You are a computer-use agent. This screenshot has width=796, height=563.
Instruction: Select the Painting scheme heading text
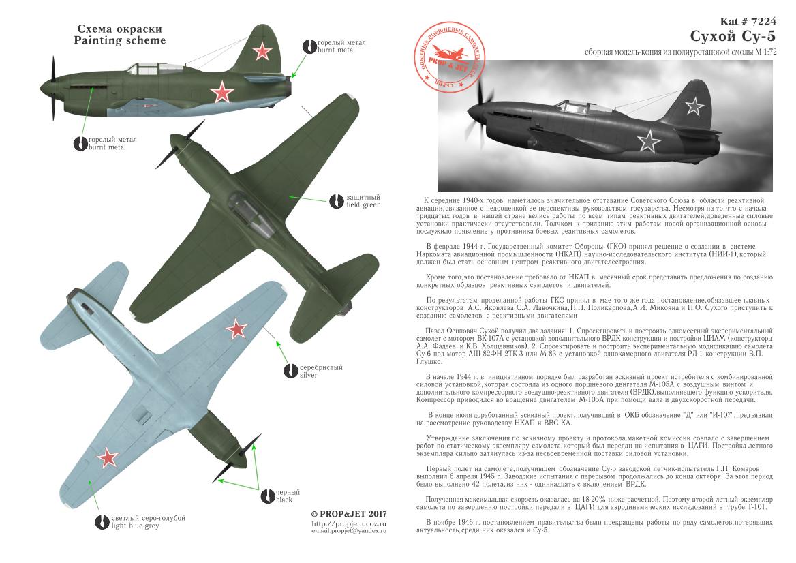[x=121, y=35]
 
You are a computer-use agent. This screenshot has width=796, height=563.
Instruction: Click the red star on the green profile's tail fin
[x=262, y=50]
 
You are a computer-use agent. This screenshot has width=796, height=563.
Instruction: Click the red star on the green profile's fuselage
[x=221, y=91]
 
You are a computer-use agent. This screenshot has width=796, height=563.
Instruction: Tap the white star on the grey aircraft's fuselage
[x=649, y=142]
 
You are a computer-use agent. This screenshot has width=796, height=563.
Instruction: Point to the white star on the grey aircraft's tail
[x=694, y=106]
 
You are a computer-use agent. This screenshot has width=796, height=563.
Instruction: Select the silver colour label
[x=313, y=371]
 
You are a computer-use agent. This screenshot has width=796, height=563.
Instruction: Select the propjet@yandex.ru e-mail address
[x=348, y=531]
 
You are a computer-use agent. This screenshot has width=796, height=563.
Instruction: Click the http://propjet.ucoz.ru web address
[x=348, y=523]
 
